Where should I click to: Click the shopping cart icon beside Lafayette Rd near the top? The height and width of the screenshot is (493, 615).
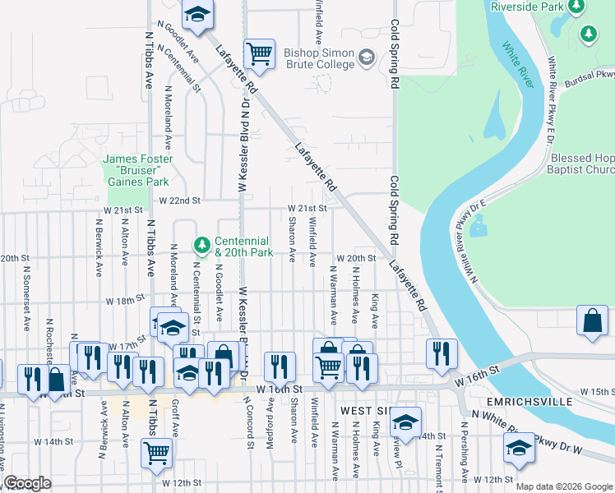260,54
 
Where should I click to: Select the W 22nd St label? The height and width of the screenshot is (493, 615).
179,200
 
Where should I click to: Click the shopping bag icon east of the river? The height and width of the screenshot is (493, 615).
592,322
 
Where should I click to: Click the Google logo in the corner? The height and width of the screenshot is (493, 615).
27,483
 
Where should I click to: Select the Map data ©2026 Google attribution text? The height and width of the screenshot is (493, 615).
564,486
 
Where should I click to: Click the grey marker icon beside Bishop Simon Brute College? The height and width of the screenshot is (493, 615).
366,57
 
